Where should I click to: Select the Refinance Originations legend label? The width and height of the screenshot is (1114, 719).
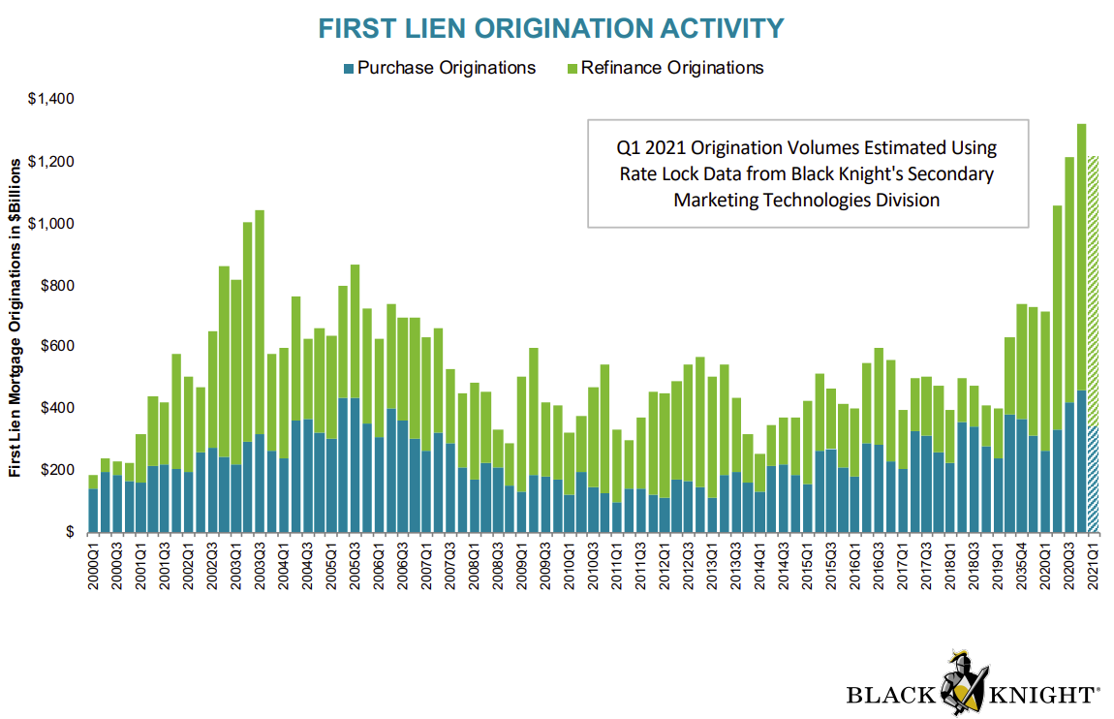point(672,68)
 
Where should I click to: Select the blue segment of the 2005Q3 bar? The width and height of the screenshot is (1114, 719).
point(355,465)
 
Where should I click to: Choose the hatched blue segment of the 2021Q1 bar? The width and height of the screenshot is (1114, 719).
point(1093,480)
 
